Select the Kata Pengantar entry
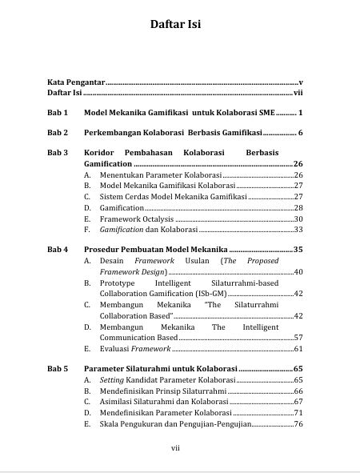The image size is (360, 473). click(x=75, y=82)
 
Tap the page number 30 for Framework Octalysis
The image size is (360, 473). click(x=298, y=218)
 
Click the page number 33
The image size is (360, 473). click(x=298, y=230)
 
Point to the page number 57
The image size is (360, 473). click(x=298, y=338)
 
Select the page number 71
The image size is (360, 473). click(x=298, y=412)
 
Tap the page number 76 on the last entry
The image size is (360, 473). click(x=298, y=423)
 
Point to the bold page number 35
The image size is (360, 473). click(x=297, y=250)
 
